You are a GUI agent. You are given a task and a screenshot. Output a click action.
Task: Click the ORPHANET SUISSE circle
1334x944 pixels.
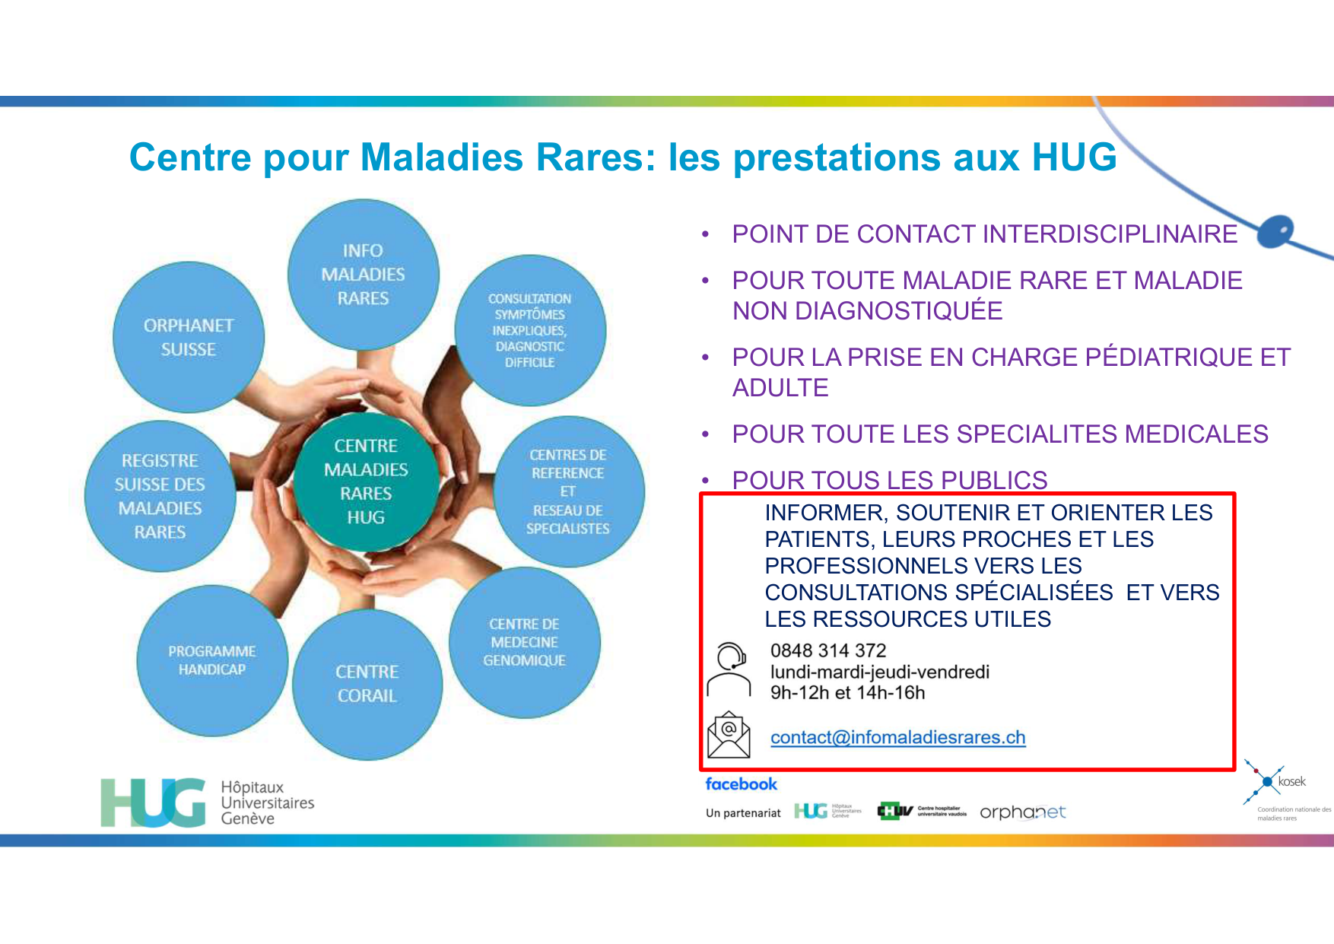(x=189, y=337)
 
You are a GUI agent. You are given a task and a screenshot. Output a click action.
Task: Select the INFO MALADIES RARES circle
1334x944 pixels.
(x=363, y=275)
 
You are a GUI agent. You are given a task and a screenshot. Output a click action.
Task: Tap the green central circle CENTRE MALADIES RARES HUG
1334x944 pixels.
(x=366, y=481)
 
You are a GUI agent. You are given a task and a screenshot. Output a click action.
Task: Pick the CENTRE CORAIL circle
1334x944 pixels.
(x=367, y=683)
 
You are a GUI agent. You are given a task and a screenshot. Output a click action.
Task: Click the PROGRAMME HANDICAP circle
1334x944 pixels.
(x=212, y=660)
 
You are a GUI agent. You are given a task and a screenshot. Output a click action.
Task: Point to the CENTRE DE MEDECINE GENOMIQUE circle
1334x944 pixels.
(x=524, y=642)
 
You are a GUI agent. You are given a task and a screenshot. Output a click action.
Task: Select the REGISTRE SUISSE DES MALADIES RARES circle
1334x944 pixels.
(x=160, y=496)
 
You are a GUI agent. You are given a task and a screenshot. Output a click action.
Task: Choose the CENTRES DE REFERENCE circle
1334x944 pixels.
(x=568, y=491)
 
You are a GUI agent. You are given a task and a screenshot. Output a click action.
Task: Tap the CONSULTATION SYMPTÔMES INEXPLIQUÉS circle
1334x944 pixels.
(x=530, y=330)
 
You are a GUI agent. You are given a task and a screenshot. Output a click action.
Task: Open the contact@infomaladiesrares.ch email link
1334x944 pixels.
(x=897, y=737)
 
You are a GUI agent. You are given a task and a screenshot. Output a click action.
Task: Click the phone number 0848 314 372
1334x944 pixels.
(x=828, y=650)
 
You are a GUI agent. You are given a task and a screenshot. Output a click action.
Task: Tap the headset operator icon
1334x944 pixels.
(x=729, y=669)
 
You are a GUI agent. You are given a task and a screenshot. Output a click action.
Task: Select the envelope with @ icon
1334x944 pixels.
(x=729, y=735)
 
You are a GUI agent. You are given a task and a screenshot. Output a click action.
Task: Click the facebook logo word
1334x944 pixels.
(x=741, y=783)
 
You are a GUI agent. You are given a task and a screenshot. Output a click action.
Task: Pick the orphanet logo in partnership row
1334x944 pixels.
(x=1022, y=812)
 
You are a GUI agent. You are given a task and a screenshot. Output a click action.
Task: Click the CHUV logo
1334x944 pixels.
(x=921, y=811)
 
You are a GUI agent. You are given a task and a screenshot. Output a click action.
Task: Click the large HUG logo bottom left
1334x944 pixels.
(x=153, y=803)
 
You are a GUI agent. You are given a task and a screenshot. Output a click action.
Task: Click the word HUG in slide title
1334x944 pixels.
(x=1074, y=157)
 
